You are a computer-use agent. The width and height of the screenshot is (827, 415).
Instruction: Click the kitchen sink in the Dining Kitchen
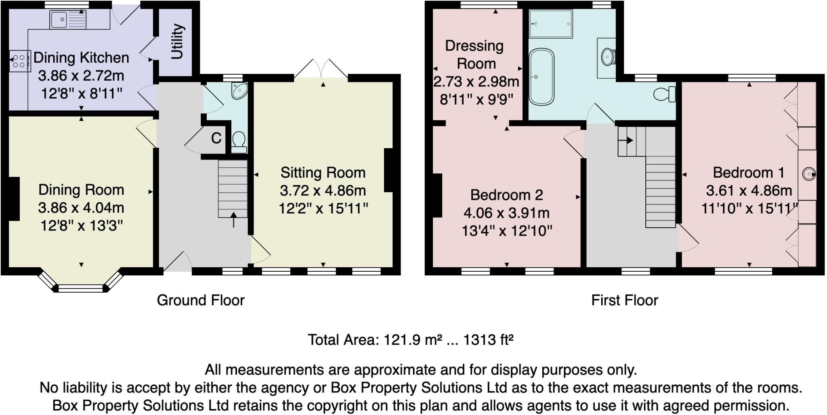click(x=67, y=19)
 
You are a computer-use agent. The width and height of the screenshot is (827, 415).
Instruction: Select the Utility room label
click(x=177, y=41)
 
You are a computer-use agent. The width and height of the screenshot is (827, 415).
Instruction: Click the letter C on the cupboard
click(x=216, y=138)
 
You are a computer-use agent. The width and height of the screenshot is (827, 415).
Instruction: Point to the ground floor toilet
click(x=239, y=142)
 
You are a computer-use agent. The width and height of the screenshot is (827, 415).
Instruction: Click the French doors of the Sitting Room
click(x=321, y=69)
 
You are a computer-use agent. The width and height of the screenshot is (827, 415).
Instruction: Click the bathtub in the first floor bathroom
click(x=541, y=77)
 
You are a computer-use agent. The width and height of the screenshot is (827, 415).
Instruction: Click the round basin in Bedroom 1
click(x=809, y=174)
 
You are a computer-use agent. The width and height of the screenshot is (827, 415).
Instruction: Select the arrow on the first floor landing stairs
click(x=626, y=140)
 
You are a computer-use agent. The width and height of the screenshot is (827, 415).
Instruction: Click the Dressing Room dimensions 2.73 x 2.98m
click(x=476, y=82)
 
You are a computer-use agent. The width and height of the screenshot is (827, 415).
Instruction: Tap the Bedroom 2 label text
click(x=506, y=195)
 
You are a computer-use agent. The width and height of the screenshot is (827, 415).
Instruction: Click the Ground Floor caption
click(x=200, y=300)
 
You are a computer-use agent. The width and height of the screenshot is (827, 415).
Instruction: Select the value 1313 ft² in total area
click(x=488, y=340)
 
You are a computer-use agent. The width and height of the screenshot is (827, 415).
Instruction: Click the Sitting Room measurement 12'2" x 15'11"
click(x=323, y=209)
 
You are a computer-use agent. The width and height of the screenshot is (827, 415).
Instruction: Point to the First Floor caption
click(x=624, y=300)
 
